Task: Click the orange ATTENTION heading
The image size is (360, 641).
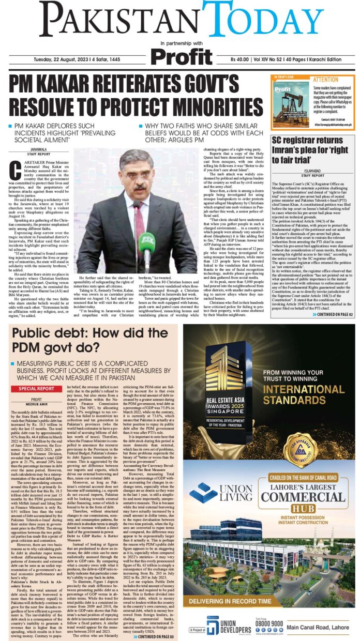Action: pyautogui.click(x=325, y=80)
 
